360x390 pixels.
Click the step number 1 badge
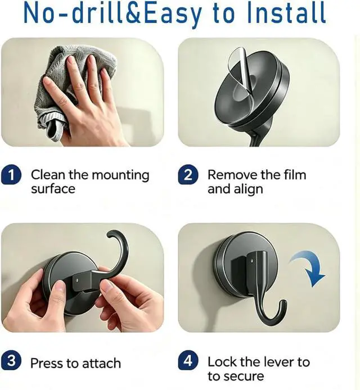click(11, 175)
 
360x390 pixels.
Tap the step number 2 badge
click(188, 174)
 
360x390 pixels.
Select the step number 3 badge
click(11, 360)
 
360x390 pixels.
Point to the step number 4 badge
click(188, 360)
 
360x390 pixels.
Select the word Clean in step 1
click(48, 175)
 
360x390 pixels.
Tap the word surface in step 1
click(53, 189)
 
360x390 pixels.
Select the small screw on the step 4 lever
click(252, 261)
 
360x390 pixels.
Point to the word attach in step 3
click(101, 364)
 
